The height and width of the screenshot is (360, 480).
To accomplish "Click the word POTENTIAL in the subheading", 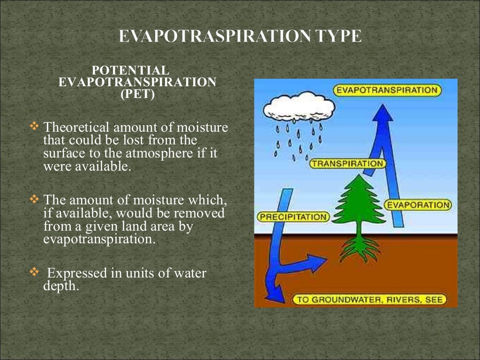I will [x=130, y=70].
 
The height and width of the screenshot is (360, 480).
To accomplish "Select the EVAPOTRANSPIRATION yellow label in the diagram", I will [x=388, y=90].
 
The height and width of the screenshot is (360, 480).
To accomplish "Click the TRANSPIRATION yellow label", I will [x=347, y=164].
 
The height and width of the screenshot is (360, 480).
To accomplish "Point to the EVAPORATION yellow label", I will [x=418, y=205].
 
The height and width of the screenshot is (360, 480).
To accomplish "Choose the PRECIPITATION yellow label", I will [x=293, y=217].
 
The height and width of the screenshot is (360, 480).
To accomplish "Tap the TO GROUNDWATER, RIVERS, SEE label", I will [x=370, y=300].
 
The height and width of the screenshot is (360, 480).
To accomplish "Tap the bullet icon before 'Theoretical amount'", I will [x=35, y=126].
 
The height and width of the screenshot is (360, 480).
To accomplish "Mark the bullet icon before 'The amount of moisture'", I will [x=35, y=199].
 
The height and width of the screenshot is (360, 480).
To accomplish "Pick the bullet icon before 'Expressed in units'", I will [x=35, y=272].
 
